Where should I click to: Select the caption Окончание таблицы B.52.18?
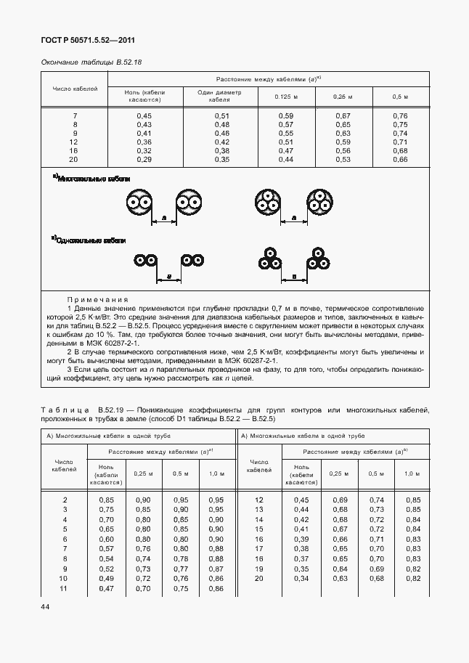[91, 62]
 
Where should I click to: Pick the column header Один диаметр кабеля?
[219, 97]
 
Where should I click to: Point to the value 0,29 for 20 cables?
[144, 159]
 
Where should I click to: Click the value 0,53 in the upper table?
[343, 159]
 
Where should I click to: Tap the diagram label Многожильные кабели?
[91, 178]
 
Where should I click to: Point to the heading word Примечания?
[97, 299]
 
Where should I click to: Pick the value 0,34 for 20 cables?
[301, 578]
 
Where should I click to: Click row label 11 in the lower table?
[65, 587]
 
